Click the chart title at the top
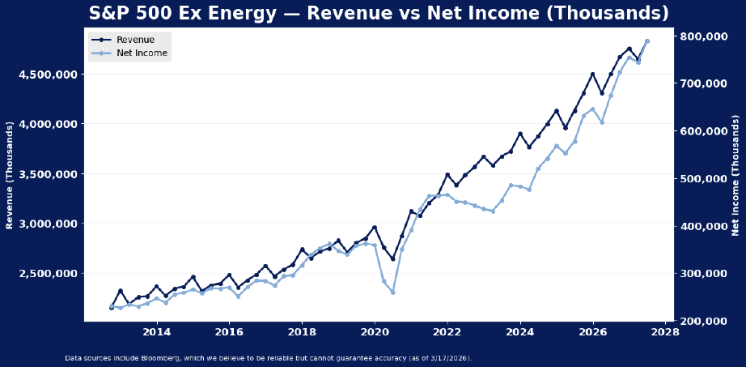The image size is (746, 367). (373, 13)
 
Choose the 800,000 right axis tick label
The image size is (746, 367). (706, 36)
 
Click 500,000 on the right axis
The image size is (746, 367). (706, 179)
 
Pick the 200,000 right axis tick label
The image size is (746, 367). (706, 322)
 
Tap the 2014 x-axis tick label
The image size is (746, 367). (156, 332)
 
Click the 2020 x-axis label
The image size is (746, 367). (375, 332)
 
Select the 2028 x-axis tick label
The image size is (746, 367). (665, 332)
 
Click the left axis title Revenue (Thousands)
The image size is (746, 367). (10, 175)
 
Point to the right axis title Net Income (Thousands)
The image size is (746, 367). (735, 175)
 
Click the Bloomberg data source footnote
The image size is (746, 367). (268, 357)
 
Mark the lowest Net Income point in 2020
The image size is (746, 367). (393, 292)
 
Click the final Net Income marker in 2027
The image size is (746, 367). (646, 41)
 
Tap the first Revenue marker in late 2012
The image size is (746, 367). (112, 308)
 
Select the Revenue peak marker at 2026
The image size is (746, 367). (592, 75)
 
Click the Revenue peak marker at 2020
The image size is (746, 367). (375, 228)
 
